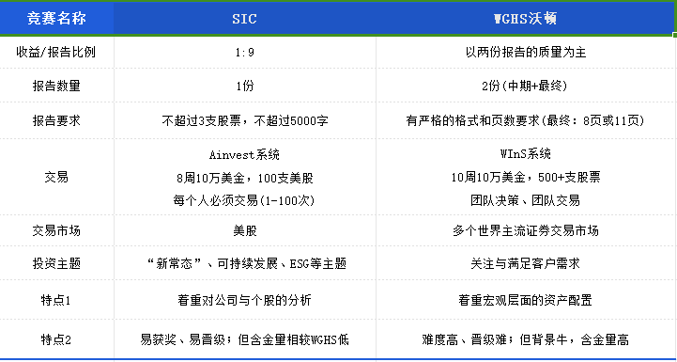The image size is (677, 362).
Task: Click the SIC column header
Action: [244, 18]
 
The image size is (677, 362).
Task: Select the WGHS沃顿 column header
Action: [525, 18]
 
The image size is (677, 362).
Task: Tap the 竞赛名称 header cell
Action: [55, 18]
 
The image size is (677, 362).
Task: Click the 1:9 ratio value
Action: [244, 52]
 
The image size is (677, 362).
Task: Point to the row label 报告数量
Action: [55, 86]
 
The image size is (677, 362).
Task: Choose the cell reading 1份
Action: [244, 86]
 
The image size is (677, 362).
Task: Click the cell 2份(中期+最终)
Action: [525, 86]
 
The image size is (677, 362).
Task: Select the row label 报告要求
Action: [55, 120]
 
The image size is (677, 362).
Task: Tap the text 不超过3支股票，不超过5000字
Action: [244, 120]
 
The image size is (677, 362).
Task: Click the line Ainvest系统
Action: [244, 154]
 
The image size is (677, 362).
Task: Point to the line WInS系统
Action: [525, 154]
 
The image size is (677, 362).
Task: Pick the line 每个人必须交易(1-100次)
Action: [244, 199]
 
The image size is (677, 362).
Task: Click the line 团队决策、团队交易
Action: [525, 199]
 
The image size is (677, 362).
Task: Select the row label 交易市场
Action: [55, 231]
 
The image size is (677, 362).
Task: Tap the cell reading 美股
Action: [244, 231]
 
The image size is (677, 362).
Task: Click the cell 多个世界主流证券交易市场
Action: [525, 231]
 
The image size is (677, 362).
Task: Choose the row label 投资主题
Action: [55, 266]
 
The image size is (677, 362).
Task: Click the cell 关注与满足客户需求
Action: [525, 266]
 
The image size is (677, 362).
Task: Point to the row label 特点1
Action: [55, 301]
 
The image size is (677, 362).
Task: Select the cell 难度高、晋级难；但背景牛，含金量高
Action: [525, 338]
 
